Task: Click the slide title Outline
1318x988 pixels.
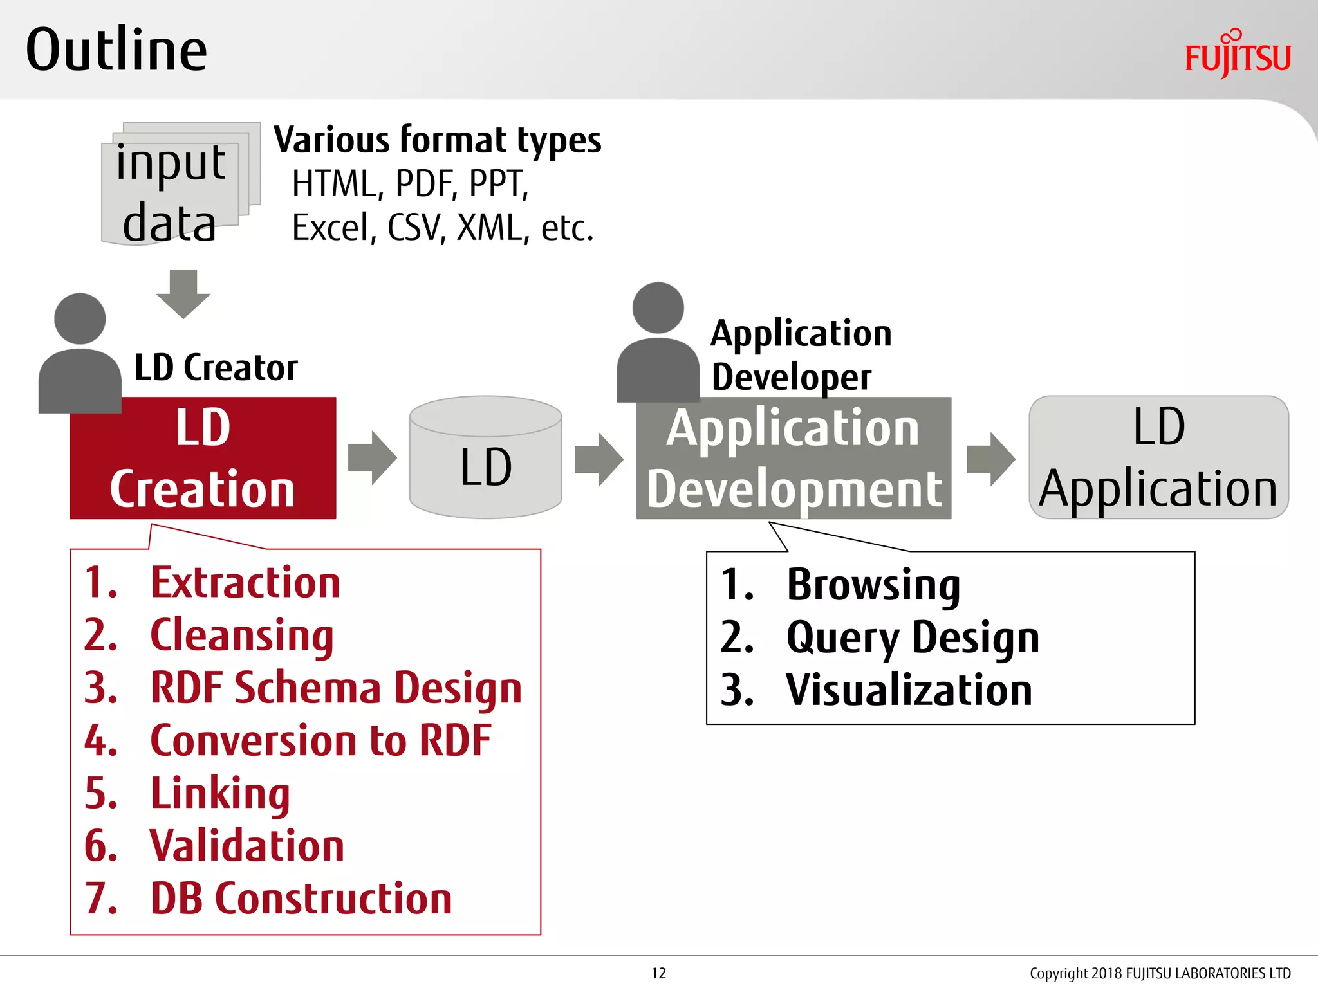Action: [x=116, y=50]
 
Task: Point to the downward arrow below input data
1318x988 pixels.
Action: [x=183, y=294]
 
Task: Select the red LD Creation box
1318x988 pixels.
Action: [x=203, y=458]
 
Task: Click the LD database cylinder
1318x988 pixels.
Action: [x=486, y=458]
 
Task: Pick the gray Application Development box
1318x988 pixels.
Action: [x=794, y=458]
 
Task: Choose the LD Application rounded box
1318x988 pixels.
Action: [x=1158, y=458]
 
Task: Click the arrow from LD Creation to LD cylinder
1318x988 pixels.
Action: [x=372, y=458]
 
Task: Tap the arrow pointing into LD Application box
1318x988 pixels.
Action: [x=990, y=459]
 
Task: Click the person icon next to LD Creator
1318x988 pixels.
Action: [x=80, y=354]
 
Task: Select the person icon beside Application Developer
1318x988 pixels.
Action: [x=658, y=344]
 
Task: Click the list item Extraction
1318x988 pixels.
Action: [x=245, y=583]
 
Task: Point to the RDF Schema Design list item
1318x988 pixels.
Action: [x=335, y=688]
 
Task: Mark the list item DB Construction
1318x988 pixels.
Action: [x=301, y=899]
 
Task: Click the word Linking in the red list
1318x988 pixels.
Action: [x=220, y=793]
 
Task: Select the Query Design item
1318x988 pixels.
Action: [x=912, y=637]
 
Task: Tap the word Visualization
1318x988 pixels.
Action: [x=909, y=690]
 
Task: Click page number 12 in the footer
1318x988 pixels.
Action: [x=658, y=973]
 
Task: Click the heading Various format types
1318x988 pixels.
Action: [x=437, y=140]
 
